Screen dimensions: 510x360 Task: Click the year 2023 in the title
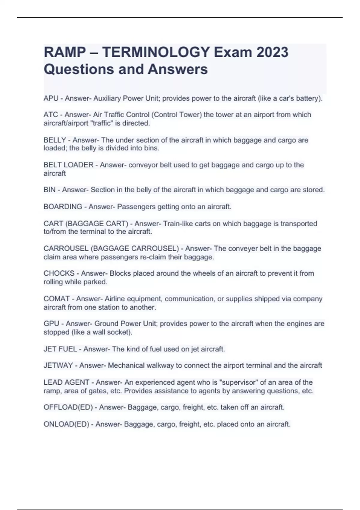(x=272, y=52)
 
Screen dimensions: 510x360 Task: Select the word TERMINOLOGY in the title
(x=156, y=52)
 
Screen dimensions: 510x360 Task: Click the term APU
(x=51, y=98)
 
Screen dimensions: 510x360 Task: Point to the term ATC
(x=51, y=115)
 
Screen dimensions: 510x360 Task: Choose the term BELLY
(x=55, y=140)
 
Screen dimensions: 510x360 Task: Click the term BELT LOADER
(x=68, y=165)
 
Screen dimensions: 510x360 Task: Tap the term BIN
(x=49, y=190)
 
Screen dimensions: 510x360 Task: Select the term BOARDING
(x=63, y=207)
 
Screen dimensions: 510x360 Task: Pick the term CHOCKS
(x=59, y=274)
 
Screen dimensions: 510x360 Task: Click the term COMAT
(x=57, y=299)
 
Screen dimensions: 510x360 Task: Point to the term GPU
(x=51, y=324)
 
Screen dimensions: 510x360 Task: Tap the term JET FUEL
(x=60, y=349)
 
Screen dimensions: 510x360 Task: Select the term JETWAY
(x=58, y=365)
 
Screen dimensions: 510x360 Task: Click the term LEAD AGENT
(x=66, y=382)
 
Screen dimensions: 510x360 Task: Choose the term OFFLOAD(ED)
(x=68, y=407)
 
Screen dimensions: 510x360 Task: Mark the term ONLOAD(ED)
(x=66, y=424)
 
